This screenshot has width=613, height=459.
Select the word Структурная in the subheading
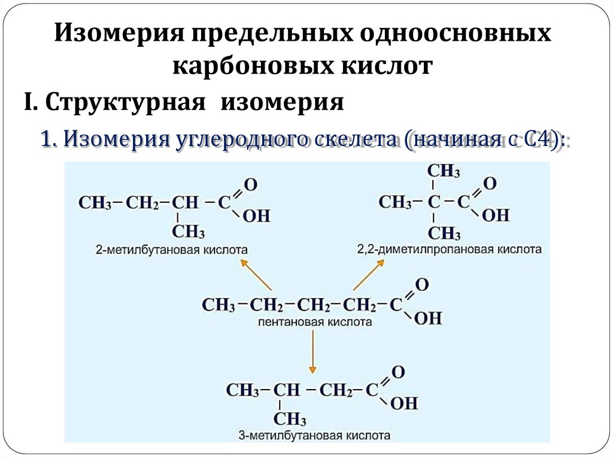coord(122,102)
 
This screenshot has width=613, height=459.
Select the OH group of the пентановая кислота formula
coord(427,317)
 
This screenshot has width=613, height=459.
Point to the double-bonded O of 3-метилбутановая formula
coord(397,370)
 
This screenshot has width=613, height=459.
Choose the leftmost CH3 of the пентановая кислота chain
coord(219,305)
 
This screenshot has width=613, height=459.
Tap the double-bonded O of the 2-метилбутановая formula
coord(250,184)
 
